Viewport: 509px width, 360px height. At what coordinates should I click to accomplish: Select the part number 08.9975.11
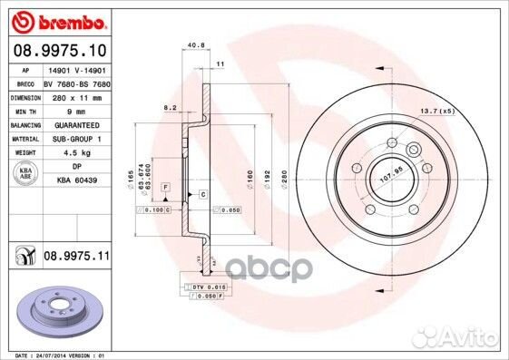[76, 258]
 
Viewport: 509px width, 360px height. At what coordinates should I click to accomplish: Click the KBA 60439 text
[78, 180]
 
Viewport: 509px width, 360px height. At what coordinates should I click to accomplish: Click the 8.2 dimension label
[170, 107]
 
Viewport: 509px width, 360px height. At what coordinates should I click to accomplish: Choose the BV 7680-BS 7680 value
[75, 83]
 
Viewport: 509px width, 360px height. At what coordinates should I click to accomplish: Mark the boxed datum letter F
[166, 186]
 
